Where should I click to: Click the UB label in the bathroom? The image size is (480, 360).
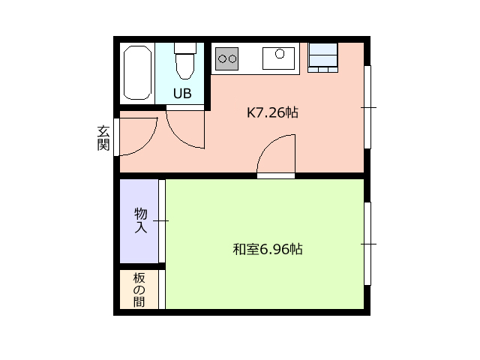[x=182, y=93]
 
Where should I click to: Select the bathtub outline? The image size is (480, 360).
[x=137, y=73]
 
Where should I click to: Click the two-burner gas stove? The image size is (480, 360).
[x=226, y=58]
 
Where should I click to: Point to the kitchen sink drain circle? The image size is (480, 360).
[x=280, y=54]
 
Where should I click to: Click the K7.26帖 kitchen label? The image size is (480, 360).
[x=272, y=112]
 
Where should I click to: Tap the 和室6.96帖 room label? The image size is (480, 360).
[x=268, y=249]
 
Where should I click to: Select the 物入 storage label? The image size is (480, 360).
[x=141, y=220]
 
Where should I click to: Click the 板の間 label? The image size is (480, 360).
[x=139, y=290]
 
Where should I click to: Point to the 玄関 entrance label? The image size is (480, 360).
[x=103, y=138]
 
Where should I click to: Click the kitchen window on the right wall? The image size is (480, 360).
[x=367, y=107]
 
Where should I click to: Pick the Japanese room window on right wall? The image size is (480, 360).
[x=367, y=244]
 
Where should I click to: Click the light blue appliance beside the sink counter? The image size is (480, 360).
[x=323, y=58]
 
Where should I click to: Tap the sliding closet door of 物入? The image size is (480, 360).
[x=162, y=221]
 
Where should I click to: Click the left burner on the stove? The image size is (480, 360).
[x=222, y=58]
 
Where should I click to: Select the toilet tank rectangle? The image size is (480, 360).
[x=185, y=48]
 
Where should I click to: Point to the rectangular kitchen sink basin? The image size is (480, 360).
[x=278, y=58]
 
